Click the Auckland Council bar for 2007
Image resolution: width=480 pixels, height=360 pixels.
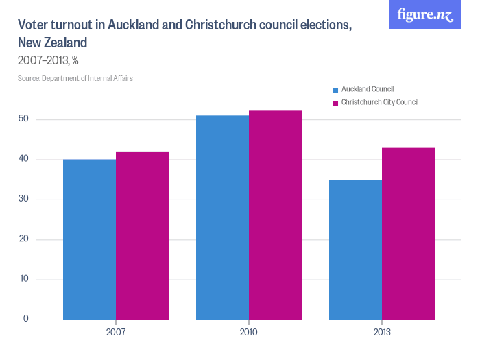pos(89,239)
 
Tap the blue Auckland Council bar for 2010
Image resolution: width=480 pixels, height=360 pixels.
pos(222,217)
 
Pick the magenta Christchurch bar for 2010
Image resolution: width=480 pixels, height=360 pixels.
pos(275,215)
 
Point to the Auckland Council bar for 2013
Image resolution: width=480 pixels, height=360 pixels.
pos(355,250)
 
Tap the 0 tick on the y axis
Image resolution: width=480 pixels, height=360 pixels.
pos(25,319)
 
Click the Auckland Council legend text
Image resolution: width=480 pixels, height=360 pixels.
pos(367,89)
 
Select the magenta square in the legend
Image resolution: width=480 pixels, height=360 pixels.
pos(335,103)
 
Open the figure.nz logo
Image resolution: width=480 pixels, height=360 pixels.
pos(424,14)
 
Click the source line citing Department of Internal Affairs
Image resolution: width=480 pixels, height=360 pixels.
pos(75,78)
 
